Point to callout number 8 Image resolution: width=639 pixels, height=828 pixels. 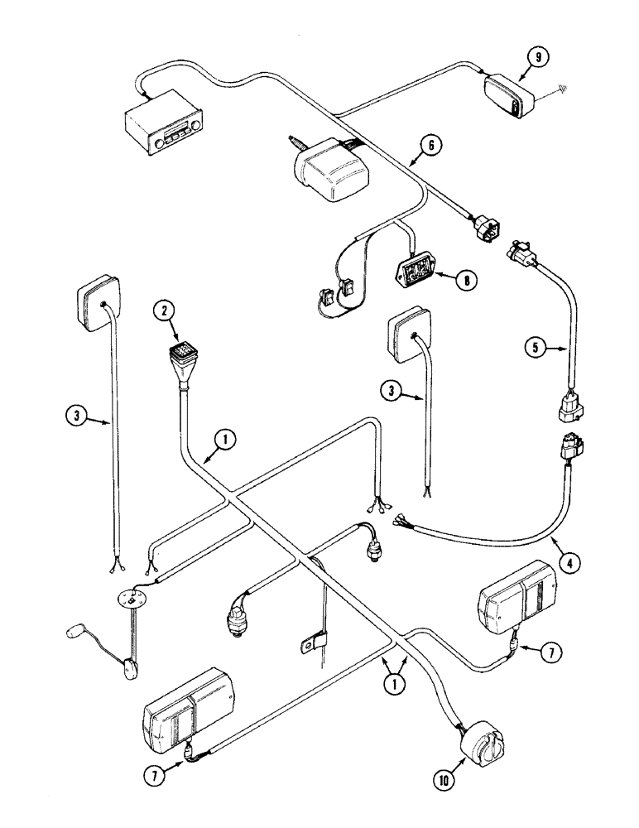tap(469, 281)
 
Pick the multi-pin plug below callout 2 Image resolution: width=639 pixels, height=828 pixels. tap(181, 362)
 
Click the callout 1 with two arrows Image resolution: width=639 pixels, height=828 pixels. tap(394, 685)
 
